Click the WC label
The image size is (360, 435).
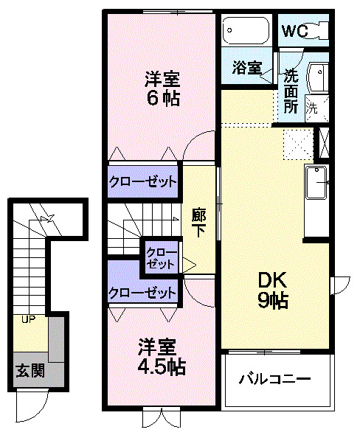(x=294, y=32)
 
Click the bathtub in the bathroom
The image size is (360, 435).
(x=247, y=32)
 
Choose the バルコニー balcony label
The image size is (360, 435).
(x=274, y=380)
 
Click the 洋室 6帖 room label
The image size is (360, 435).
(x=162, y=88)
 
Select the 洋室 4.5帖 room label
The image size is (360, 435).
(x=162, y=356)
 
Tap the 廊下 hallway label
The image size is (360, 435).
(x=199, y=222)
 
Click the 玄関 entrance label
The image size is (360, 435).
(x=30, y=370)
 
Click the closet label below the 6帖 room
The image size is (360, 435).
(x=143, y=181)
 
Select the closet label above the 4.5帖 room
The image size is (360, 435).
(x=143, y=292)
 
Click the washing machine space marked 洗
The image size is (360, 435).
(x=312, y=106)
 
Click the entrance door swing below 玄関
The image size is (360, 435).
(x=31, y=404)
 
